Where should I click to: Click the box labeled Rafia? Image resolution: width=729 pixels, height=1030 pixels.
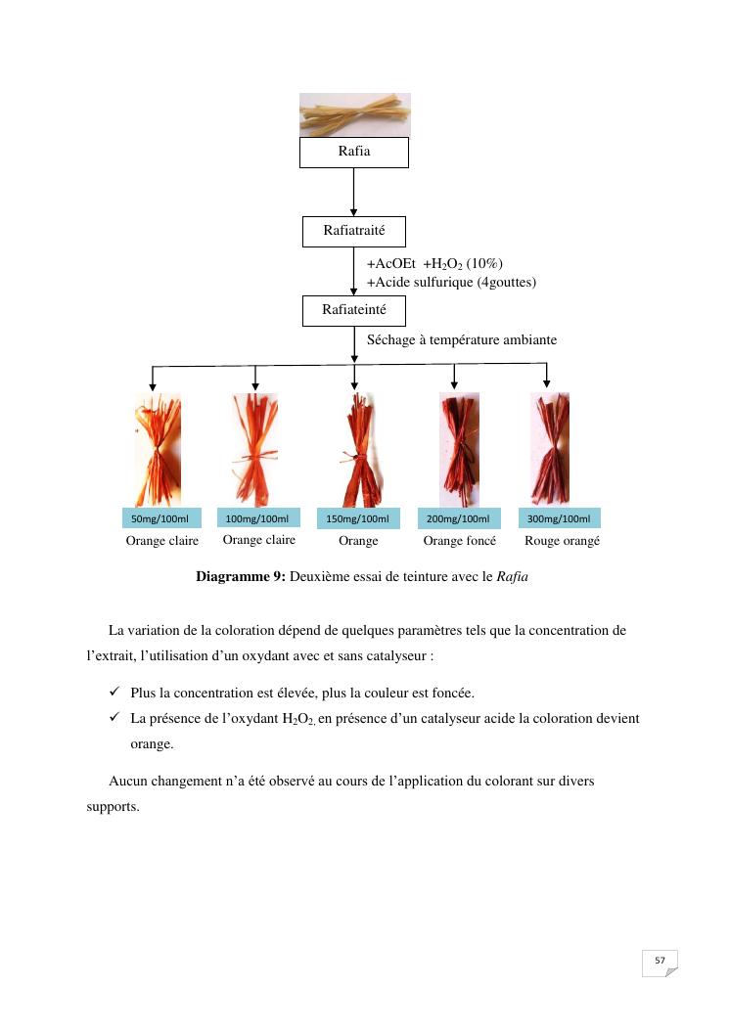coord(353,152)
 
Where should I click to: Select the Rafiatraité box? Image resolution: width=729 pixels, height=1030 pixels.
coord(353,232)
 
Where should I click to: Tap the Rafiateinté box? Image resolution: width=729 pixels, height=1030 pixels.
coord(353,310)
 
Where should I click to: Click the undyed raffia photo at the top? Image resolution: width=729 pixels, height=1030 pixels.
coord(354,114)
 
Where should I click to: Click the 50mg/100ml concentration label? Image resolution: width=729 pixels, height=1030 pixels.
coord(159,518)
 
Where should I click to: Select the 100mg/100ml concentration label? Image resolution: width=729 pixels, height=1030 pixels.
coord(257,518)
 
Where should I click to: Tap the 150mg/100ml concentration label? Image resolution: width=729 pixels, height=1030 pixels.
coord(357,518)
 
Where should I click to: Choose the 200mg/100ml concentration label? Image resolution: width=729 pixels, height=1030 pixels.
coord(458,518)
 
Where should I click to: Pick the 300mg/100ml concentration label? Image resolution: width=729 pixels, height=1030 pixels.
coord(559,518)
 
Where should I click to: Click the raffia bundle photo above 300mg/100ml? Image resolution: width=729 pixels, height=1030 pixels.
coord(549,448)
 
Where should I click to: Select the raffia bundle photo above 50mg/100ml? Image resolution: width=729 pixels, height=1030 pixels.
coord(158,448)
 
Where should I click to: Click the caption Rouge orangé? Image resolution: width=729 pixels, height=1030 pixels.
coord(562,541)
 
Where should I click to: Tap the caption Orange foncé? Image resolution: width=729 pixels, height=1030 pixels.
coord(459,541)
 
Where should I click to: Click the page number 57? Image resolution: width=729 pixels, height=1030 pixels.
coord(660,961)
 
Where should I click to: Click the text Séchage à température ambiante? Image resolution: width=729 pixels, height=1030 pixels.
coord(462,340)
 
